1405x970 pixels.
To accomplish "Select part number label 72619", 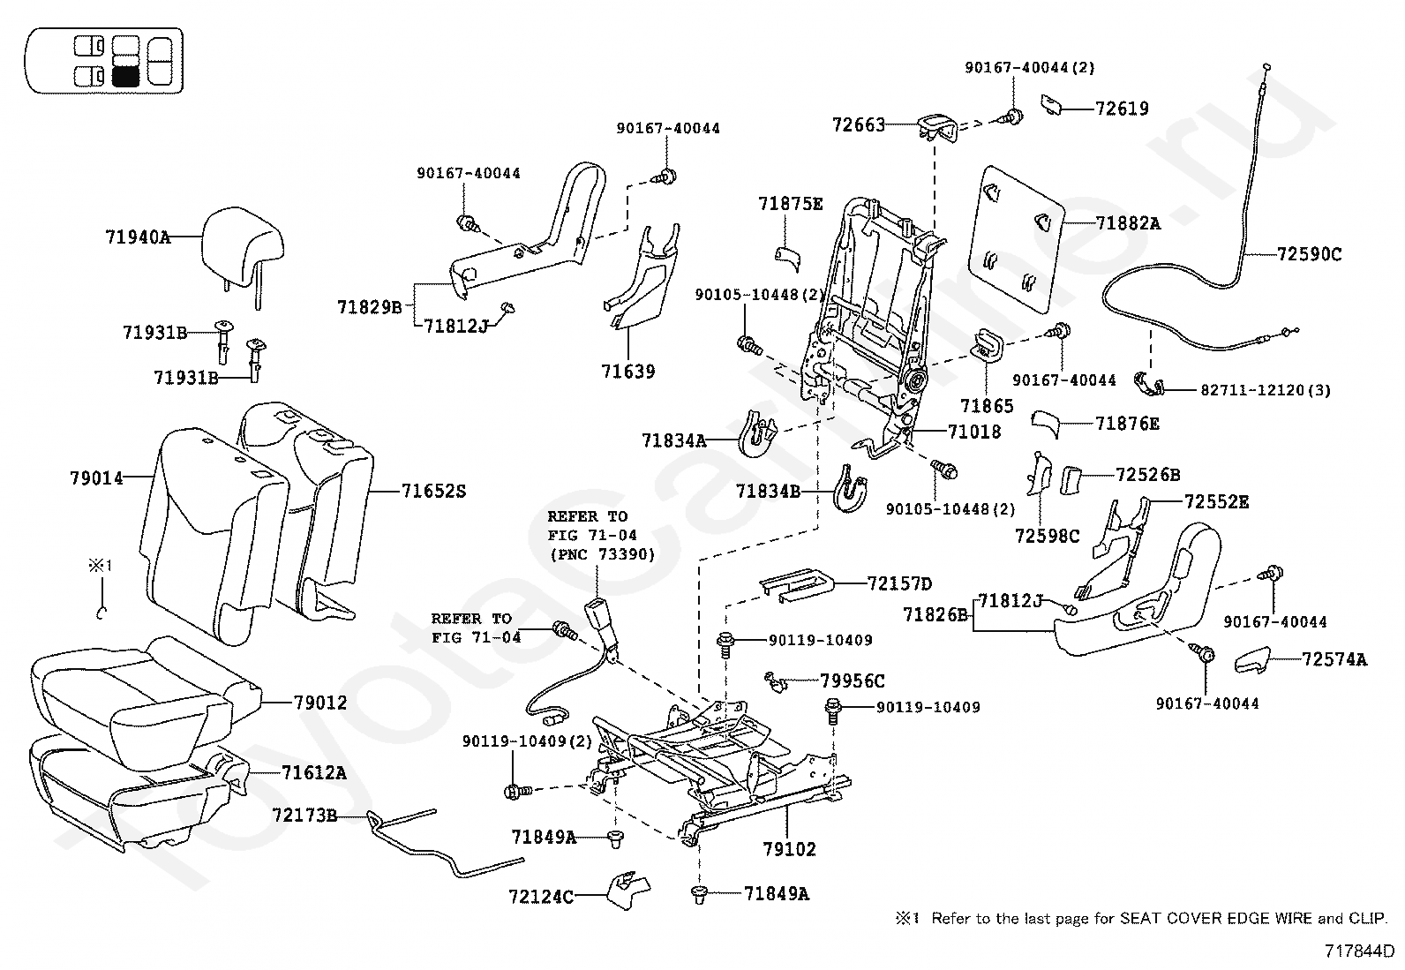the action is pos(1122,109).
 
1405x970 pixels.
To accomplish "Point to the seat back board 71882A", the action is pos(1016,238).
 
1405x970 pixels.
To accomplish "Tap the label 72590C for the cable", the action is pos(1309,254).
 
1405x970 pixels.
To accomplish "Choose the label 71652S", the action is pos(433,491).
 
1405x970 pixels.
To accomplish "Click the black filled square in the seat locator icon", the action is pos(124,77).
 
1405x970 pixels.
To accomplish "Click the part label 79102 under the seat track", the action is pos(789,850).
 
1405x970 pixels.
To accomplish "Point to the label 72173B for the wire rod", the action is pos(304,815).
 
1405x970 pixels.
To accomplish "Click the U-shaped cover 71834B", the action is pos(850,489).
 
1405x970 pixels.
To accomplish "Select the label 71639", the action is pos(627,372).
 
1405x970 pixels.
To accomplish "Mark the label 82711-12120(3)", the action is pos(1266,389).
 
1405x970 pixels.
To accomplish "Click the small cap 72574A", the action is pos(1252,661).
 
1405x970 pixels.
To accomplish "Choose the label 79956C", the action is pos(853,681).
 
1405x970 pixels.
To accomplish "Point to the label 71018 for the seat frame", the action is pos(974,432).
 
